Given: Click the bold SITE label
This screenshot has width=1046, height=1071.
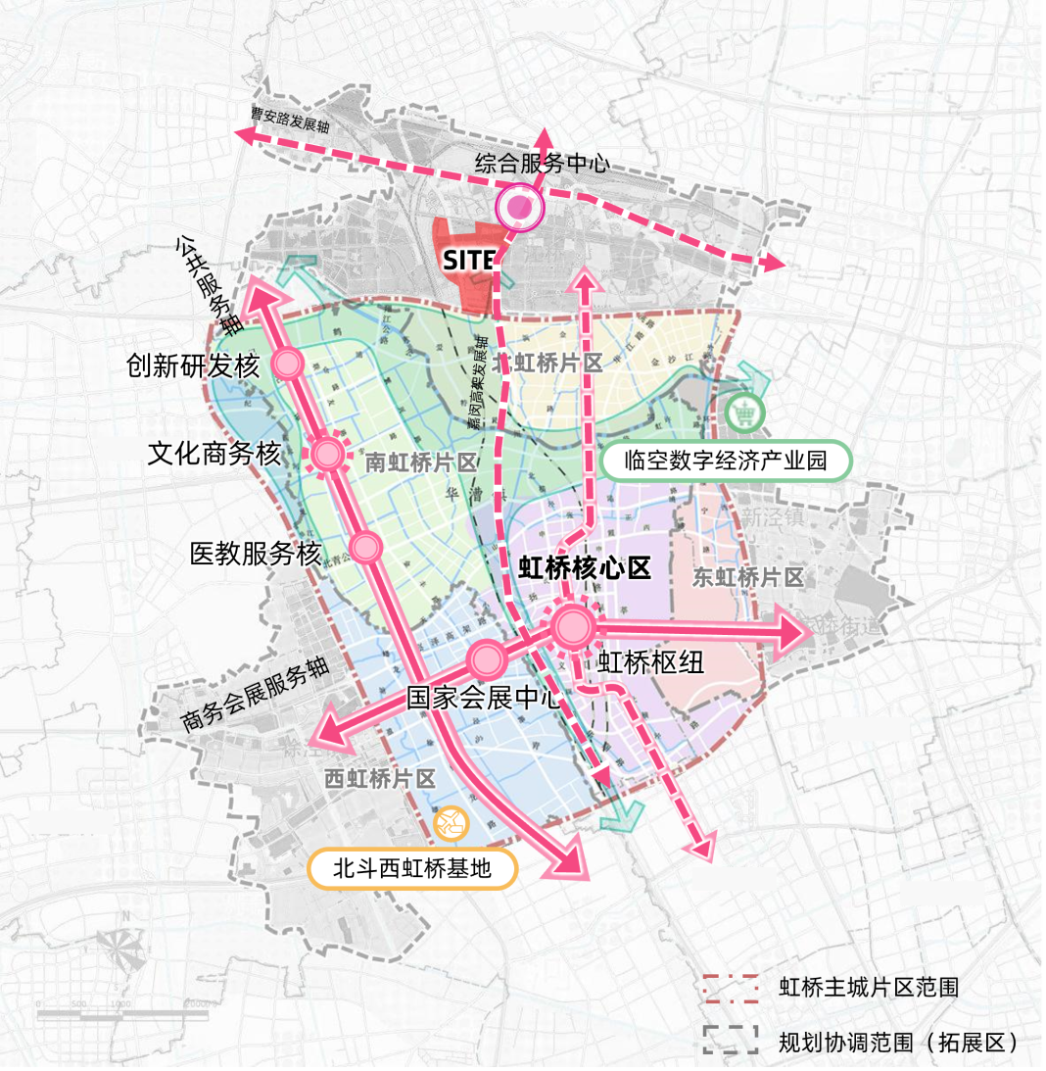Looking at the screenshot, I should pyautogui.click(x=469, y=261).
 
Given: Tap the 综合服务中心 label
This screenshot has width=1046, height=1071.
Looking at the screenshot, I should pyautogui.click(x=542, y=164).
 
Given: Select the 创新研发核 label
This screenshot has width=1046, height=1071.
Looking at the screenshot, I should pyautogui.click(x=193, y=366).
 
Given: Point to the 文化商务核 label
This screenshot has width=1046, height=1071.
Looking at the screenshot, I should pyautogui.click(x=214, y=454).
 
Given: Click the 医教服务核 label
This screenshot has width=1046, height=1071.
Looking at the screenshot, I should pyautogui.click(x=255, y=554).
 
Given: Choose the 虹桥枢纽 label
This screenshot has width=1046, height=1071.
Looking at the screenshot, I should pyautogui.click(x=650, y=663).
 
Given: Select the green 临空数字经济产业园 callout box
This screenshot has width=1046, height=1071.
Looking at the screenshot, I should pyautogui.click(x=725, y=462).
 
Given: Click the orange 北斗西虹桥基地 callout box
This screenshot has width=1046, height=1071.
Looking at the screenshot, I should pyautogui.click(x=411, y=868).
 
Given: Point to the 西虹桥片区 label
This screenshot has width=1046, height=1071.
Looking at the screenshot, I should pyautogui.click(x=379, y=780).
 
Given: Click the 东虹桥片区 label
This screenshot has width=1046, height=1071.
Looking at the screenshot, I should pyautogui.click(x=747, y=578).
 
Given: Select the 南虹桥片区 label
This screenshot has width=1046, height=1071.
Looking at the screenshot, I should pyautogui.click(x=419, y=462).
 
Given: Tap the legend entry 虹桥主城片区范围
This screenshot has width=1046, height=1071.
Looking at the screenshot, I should pyautogui.click(x=868, y=987).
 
